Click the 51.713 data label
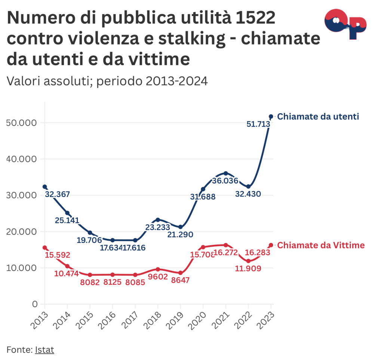coord(258,124)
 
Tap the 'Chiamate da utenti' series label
coord(318,117)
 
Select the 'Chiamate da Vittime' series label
coord(321,245)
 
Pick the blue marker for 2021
coord(226,173)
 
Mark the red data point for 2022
coord(248,261)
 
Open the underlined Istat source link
coord(45,350)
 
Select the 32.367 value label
coord(57,194)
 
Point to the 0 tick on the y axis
coord(35,304)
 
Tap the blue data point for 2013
coord(45,187)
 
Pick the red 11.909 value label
coord(248,268)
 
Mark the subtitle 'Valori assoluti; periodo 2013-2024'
coord(107,81)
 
